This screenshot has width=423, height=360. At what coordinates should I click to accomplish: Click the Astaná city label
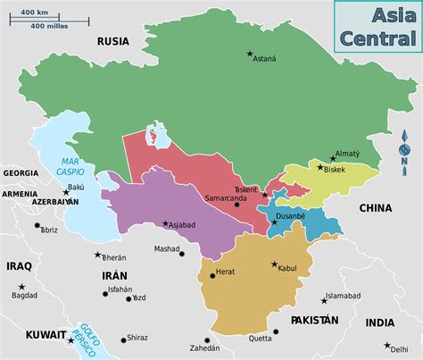tap(264, 59)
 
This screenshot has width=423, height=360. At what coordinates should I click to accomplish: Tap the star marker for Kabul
tap(273, 264)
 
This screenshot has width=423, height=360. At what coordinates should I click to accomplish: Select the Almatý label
tap(346, 155)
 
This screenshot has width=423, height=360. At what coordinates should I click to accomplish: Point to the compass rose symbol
tap(405, 148)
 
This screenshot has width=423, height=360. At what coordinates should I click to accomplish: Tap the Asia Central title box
tap(377, 26)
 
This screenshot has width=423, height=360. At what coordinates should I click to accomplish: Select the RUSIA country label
tap(113, 40)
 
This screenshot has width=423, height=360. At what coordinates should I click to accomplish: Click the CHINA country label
tap(375, 208)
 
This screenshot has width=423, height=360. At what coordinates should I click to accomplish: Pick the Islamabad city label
tap(343, 296)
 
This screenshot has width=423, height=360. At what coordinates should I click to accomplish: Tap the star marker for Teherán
tap(98, 255)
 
